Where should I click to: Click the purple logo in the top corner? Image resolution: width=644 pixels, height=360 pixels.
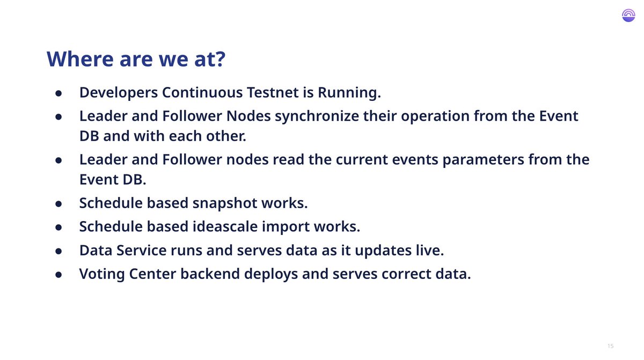[628, 15]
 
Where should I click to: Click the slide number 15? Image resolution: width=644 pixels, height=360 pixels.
[611, 346]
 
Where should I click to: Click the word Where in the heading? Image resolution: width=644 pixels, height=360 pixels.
[80, 59]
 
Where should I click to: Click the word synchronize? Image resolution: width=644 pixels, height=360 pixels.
[317, 116]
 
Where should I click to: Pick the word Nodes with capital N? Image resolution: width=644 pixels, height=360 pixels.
[248, 116]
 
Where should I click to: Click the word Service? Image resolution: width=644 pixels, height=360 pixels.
[141, 250]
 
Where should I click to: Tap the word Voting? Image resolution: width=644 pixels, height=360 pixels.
[102, 274]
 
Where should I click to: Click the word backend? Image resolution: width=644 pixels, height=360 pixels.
[210, 274]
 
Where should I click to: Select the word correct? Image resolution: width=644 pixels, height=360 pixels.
[406, 274]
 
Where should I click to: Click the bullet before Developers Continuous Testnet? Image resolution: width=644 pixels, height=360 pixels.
[58, 93]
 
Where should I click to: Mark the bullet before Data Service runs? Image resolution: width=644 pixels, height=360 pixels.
[58, 251]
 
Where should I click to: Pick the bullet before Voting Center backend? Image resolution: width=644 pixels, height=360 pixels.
[58, 275]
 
